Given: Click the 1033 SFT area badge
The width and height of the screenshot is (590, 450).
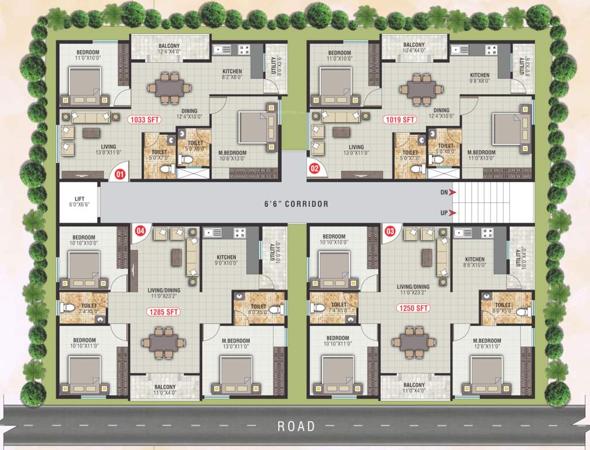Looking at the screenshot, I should [x=145, y=120].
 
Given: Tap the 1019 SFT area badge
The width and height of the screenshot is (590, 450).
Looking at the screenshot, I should [x=400, y=120].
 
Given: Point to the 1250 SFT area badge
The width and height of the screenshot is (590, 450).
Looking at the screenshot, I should [x=410, y=307].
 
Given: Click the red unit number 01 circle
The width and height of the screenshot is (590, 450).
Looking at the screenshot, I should [x=120, y=174].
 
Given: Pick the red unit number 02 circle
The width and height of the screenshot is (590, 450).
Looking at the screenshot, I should [x=314, y=169].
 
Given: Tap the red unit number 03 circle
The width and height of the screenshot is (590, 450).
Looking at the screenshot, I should [x=389, y=230].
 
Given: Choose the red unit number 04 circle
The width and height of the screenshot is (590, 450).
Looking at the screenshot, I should [x=140, y=230].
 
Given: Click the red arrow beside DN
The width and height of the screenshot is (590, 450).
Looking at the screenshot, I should [x=454, y=192].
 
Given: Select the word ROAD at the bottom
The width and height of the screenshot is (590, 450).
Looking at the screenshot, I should [x=296, y=426].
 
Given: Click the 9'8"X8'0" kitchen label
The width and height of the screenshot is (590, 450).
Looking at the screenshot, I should [x=480, y=79].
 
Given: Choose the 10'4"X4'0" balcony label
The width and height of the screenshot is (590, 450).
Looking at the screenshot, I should [x=414, y=49].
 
